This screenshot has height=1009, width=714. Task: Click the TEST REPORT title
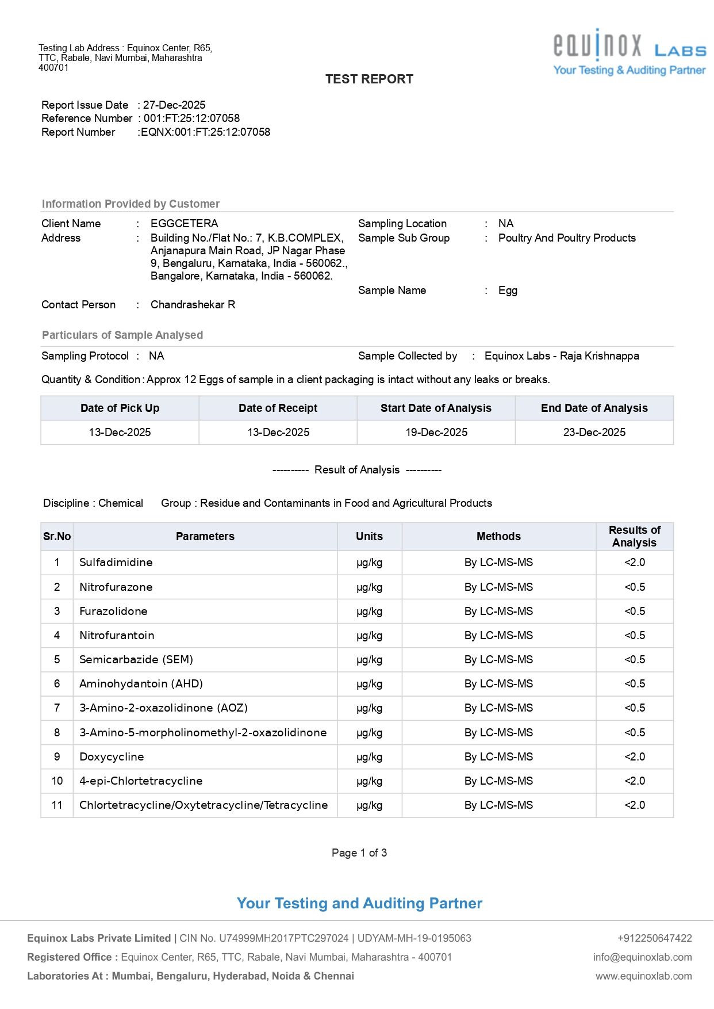point(369,79)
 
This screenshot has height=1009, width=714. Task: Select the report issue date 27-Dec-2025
point(174,105)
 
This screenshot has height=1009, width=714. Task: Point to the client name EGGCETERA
point(184,223)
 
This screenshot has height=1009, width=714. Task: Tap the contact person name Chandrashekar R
point(193,304)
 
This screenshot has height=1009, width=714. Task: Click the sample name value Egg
point(508,290)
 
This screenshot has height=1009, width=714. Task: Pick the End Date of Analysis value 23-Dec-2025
point(594,432)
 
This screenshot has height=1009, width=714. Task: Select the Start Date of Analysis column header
point(436,408)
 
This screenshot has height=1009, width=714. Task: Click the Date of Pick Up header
point(120,408)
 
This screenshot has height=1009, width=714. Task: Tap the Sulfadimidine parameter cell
point(116,562)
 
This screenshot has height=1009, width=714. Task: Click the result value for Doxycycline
point(635,756)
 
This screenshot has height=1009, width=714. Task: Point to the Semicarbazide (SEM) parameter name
point(136,659)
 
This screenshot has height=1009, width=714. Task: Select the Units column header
point(369,536)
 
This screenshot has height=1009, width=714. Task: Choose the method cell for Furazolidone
point(498,611)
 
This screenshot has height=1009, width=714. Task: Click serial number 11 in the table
point(57,805)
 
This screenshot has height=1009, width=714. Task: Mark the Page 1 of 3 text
point(359,853)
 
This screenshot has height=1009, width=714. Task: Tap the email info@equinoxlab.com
point(642,957)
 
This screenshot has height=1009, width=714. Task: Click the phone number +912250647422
point(654,938)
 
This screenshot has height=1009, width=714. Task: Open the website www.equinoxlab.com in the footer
point(643,976)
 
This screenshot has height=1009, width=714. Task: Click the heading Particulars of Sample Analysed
point(122,335)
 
